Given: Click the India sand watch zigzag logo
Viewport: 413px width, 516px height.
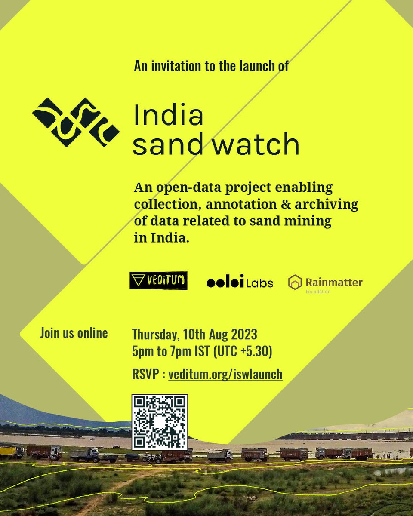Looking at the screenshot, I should [76, 122].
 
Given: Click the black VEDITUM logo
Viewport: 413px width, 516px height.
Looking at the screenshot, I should [158, 280].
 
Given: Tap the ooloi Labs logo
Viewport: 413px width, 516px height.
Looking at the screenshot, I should [240, 282].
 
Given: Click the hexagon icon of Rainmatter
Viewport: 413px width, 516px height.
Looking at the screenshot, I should [295, 282].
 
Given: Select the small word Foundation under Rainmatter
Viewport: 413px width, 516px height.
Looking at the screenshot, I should [317, 292].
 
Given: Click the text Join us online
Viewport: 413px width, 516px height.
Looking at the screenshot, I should [74, 333].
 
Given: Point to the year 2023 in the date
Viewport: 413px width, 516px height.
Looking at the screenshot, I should [242, 334].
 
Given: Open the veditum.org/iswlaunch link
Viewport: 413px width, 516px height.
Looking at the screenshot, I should [225, 374].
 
